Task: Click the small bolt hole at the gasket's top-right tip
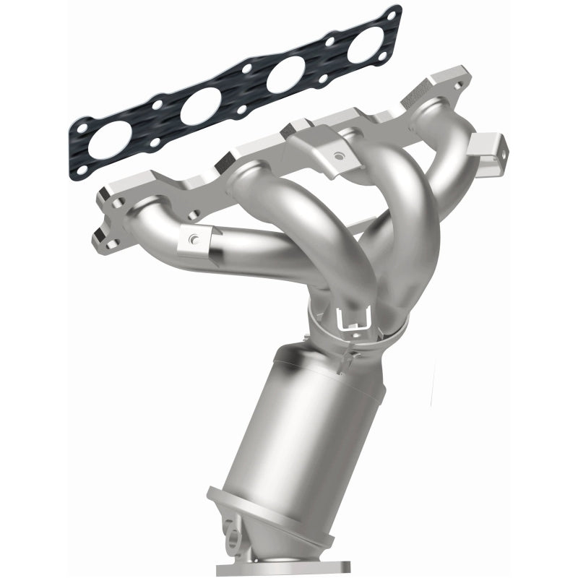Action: click(x=393, y=14)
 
